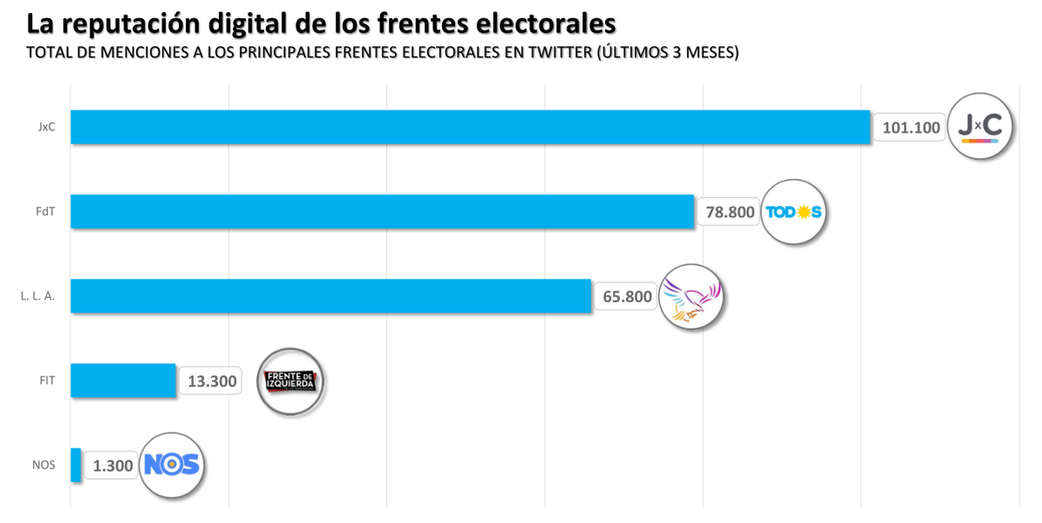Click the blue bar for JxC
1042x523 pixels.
coord(470,127)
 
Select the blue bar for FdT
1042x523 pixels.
coord(382,211)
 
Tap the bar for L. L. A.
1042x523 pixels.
coord(331,295)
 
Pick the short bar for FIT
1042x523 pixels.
coord(123,381)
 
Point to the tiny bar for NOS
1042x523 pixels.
coord(76,465)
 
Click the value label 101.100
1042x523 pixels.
coord(911,128)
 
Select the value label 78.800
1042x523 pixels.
coord(729,212)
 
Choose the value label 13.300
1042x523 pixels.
coord(211,381)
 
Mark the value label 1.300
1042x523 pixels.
coord(113,466)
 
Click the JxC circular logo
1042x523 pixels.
coord(979,126)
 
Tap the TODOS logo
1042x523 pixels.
coord(793,212)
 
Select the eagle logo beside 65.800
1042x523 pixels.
coord(690,296)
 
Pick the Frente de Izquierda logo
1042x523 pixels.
coord(291,381)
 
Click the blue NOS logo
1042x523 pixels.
coord(172,465)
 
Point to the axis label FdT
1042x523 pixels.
coord(45,211)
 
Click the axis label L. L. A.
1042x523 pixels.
coord(37,295)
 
